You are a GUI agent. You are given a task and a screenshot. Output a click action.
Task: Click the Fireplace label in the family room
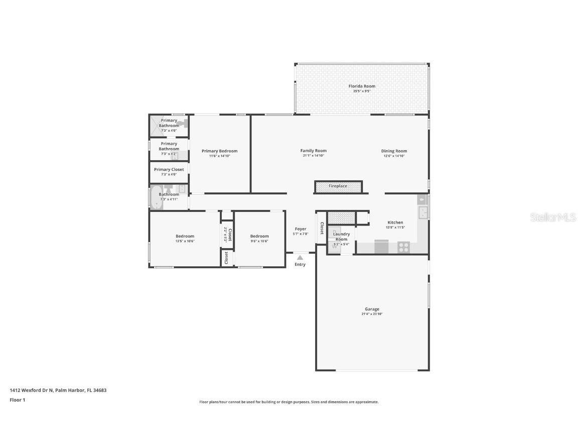tap(338, 186)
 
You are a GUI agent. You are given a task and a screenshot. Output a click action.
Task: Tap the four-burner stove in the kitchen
tap(403, 247)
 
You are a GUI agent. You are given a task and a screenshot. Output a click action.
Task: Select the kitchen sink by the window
tap(422, 212)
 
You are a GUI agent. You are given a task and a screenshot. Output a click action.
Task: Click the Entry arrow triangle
tap(300, 257)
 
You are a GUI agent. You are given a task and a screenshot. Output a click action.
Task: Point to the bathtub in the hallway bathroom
tap(154, 197)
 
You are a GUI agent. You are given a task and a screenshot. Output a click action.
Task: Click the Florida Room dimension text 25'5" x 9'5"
tap(362, 91)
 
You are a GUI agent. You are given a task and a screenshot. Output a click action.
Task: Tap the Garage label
tap(372, 309)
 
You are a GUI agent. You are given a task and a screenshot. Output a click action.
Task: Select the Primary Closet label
tap(169, 169)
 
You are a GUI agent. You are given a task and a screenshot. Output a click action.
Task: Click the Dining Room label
tap(394, 151)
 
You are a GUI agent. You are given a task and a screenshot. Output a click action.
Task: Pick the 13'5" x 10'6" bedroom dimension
tap(185, 241)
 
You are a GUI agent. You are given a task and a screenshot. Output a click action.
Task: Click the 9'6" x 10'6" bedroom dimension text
tap(259, 241)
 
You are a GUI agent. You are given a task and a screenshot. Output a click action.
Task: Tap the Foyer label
tap(300, 229)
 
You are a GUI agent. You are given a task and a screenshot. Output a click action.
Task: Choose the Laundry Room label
tap(342, 236)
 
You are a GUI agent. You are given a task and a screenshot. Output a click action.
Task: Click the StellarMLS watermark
tap(553, 218)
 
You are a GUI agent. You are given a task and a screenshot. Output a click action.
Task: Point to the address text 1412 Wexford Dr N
tap(32, 390)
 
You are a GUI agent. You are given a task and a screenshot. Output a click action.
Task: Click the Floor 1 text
tap(17, 400)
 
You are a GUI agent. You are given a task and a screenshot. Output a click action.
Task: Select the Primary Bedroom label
tap(219, 151)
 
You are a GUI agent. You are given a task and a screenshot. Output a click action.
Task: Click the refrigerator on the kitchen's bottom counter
tap(381, 247)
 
